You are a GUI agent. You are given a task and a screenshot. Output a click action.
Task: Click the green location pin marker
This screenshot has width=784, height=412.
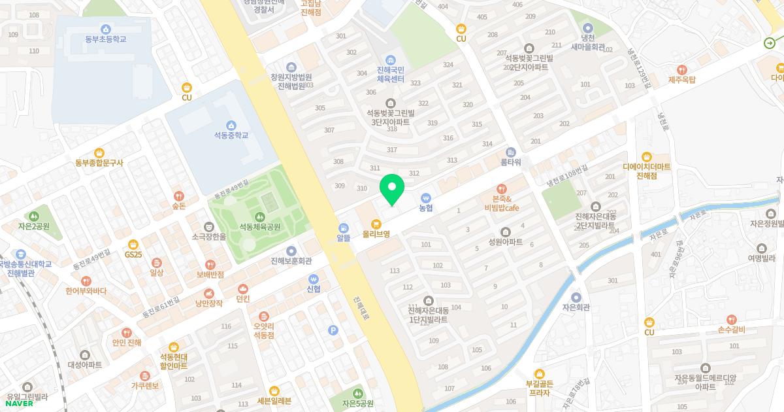[392, 188]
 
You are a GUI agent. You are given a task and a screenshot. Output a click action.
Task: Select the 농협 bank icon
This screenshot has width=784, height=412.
[425, 197]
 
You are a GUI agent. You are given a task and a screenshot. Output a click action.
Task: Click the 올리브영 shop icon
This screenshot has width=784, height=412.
[376, 223]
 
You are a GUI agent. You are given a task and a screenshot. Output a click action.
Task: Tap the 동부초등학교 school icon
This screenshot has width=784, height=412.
[105, 29]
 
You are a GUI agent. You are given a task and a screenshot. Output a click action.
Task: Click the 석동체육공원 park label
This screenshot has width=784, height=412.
[259, 227]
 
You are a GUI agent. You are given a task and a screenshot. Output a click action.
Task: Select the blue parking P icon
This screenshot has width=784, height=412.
[333, 330]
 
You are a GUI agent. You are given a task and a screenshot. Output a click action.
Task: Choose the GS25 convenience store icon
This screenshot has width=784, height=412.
[133, 244]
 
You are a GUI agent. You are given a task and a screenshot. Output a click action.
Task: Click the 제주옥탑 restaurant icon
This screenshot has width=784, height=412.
[682, 69]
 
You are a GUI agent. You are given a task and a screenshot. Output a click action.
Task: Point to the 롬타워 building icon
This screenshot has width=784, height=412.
[511, 152]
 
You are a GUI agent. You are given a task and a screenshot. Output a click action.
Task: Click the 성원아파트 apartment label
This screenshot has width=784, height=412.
[505, 242]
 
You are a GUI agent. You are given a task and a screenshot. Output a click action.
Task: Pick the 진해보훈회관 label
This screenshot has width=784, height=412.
[291, 261]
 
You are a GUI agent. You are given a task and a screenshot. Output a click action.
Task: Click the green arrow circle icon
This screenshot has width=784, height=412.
[770, 43]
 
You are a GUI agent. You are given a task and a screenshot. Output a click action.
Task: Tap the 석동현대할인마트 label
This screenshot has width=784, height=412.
[173, 361]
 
